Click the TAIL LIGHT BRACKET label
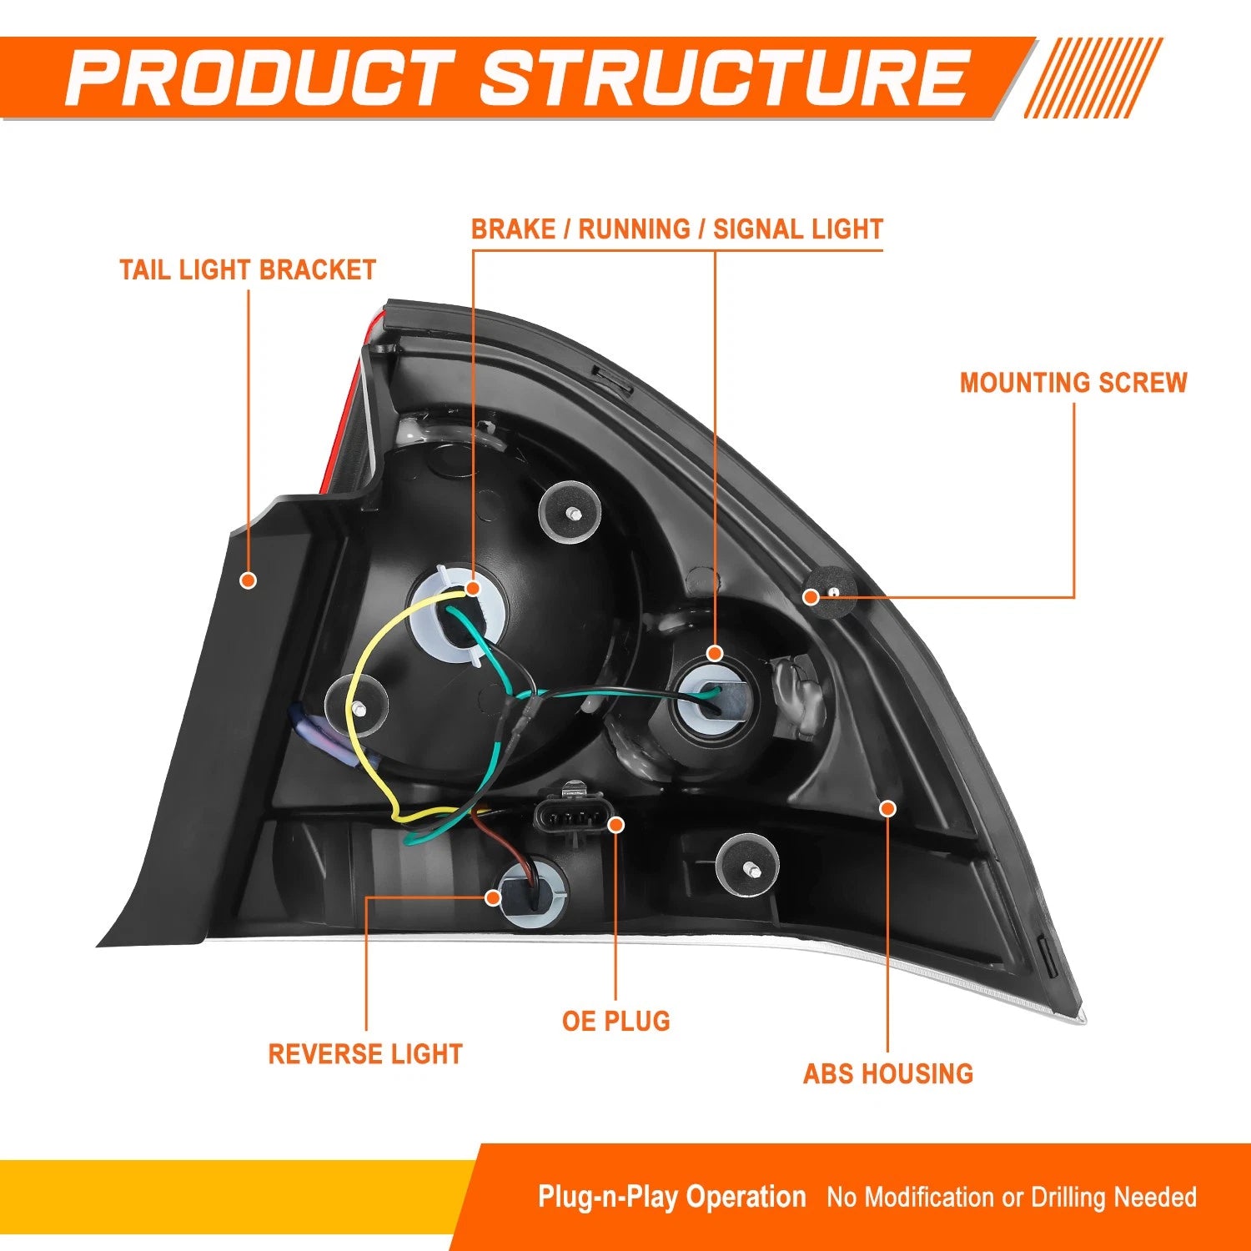(x=248, y=270)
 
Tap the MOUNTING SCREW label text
(x=1073, y=383)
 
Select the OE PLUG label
(x=616, y=1021)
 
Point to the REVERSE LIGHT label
(x=365, y=1054)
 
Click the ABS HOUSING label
(x=888, y=1073)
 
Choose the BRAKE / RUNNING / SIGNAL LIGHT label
(x=677, y=229)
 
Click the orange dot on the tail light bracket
(x=248, y=580)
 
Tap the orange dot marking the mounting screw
(x=811, y=596)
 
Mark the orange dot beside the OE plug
(x=616, y=825)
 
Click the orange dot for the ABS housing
(x=888, y=808)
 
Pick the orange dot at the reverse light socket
(x=493, y=897)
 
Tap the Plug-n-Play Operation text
(x=672, y=1198)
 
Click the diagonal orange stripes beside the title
(x=1093, y=78)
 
